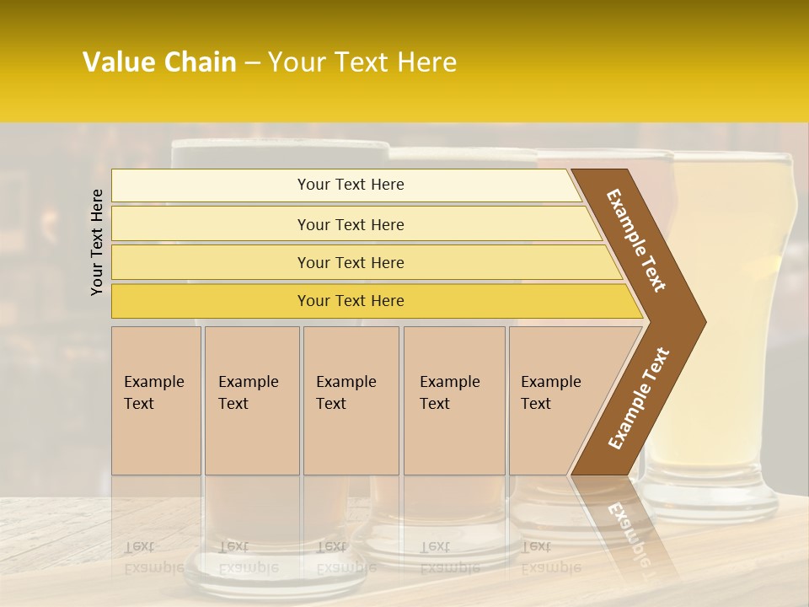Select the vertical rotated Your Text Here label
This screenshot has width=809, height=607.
click(x=97, y=242)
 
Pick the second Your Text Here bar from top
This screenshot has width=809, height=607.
click(x=351, y=224)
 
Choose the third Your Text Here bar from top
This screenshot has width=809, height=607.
click(x=351, y=262)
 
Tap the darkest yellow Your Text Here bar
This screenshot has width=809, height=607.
click(x=351, y=301)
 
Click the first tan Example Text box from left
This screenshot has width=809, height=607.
click(x=156, y=400)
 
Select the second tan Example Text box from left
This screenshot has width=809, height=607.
click(x=251, y=400)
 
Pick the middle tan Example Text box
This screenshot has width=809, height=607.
click(x=351, y=400)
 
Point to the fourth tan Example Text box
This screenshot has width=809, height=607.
click(x=454, y=400)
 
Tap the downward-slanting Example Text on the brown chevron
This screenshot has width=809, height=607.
click(x=637, y=240)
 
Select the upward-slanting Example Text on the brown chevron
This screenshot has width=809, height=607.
click(x=639, y=399)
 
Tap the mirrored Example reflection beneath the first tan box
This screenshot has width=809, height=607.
click(x=153, y=567)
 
